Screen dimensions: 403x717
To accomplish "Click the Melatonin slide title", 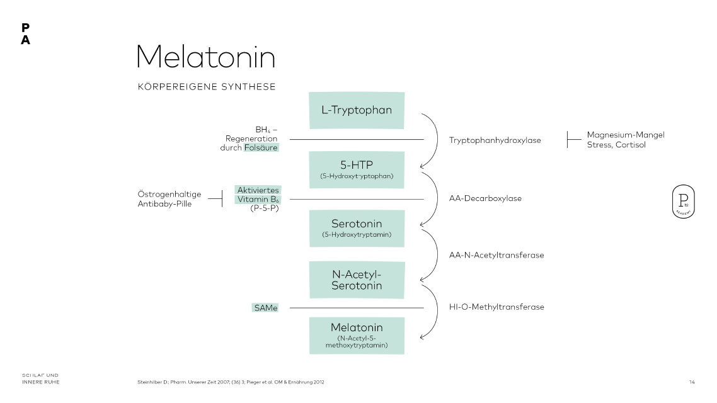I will click(206, 57).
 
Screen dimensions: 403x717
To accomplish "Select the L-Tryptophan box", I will click(357, 110).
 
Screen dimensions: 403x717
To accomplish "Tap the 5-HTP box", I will click(357, 169).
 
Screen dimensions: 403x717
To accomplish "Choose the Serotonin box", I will click(357, 228).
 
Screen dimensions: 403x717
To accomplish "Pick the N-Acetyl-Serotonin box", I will click(357, 280).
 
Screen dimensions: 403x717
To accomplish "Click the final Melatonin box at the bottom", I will click(357, 335).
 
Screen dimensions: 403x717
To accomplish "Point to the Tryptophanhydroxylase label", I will click(495, 140).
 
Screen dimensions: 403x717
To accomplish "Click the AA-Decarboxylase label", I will click(485, 198).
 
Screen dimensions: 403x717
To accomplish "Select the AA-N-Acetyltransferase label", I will click(496, 255).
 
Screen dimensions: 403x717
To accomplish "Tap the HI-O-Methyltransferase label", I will click(496, 307).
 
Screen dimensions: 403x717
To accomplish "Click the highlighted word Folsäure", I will click(261, 148).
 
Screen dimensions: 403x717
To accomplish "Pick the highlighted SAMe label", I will click(265, 308).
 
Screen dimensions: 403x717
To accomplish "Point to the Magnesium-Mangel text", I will click(626, 135).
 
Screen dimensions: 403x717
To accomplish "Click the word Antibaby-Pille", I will click(164, 204).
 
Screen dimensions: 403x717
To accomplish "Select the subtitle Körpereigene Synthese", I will click(207, 87).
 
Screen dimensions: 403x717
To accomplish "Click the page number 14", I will click(692, 382).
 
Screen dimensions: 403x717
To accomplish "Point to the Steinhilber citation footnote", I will click(231, 382).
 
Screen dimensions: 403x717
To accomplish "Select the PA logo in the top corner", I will click(25, 34).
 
